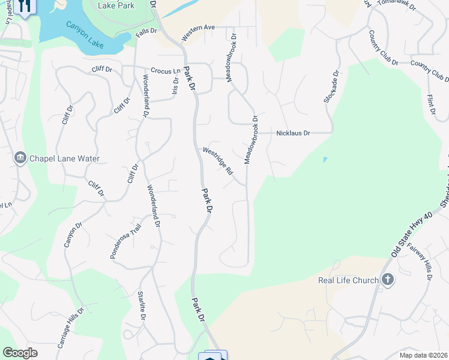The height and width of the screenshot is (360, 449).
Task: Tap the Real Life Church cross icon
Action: click(x=388, y=280)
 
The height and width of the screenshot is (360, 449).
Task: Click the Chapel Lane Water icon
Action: click(x=19, y=158)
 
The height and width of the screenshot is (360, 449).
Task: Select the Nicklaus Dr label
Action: click(x=293, y=133)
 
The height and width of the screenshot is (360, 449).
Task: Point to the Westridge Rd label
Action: click(x=218, y=161)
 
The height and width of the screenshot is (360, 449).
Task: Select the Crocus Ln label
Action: click(x=161, y=70)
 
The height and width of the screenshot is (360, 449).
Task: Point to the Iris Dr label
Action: click(x=175, y=85)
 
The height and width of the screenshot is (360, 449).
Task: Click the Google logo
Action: click(x=20, y=353)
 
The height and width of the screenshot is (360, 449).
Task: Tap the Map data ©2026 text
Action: click(x=423, y=355)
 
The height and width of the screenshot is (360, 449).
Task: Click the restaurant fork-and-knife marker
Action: click(x=25, y=7)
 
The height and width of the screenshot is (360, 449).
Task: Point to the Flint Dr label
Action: click(x=430, y=104)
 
